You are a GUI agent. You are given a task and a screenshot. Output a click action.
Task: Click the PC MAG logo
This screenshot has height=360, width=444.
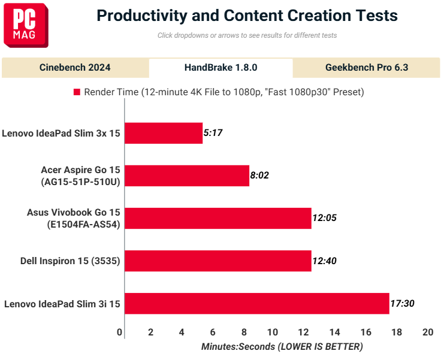(26, 25)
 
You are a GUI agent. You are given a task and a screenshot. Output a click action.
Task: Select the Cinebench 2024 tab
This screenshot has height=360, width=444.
(75, 68)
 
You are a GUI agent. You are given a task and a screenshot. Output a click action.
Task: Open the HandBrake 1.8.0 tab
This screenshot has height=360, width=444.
(221, 68)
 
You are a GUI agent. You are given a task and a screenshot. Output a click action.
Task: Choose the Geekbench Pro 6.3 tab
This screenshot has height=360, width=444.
(367, 68)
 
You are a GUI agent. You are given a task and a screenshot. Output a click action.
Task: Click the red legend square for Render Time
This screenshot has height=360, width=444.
(77, 92)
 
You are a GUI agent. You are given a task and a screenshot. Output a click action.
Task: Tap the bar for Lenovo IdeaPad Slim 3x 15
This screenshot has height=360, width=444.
(164, 133)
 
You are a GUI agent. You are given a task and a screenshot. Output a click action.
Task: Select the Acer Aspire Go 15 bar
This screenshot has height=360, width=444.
(187, 176)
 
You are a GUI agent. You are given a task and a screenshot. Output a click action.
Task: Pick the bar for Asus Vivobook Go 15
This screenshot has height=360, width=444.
(218, 218)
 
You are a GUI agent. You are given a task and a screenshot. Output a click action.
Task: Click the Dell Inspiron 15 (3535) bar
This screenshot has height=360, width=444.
(218, 261)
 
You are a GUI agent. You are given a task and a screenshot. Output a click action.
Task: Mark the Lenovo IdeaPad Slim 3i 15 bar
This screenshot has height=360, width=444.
(257, 304)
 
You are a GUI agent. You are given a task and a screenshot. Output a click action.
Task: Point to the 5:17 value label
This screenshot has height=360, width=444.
(213, 133)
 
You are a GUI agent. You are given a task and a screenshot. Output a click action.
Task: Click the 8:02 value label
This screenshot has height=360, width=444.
(259, 175)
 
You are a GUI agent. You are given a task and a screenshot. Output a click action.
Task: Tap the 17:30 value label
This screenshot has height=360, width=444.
(403, 304)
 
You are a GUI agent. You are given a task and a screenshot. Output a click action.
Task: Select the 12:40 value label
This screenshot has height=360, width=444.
(325, 261)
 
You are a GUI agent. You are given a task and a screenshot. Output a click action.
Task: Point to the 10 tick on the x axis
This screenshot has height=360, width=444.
(273, 332)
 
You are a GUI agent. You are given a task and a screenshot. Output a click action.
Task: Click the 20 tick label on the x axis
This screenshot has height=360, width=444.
(428, 332)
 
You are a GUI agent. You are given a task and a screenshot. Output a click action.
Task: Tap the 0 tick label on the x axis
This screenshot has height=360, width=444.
(119, 332)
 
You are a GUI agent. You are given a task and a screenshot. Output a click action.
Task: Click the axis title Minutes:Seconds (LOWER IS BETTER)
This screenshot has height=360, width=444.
(282, 347)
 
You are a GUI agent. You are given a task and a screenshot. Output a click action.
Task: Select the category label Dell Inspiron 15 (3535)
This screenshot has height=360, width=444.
(70, 261)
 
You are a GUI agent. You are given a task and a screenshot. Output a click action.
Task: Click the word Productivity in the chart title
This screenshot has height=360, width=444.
(142, 16)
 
